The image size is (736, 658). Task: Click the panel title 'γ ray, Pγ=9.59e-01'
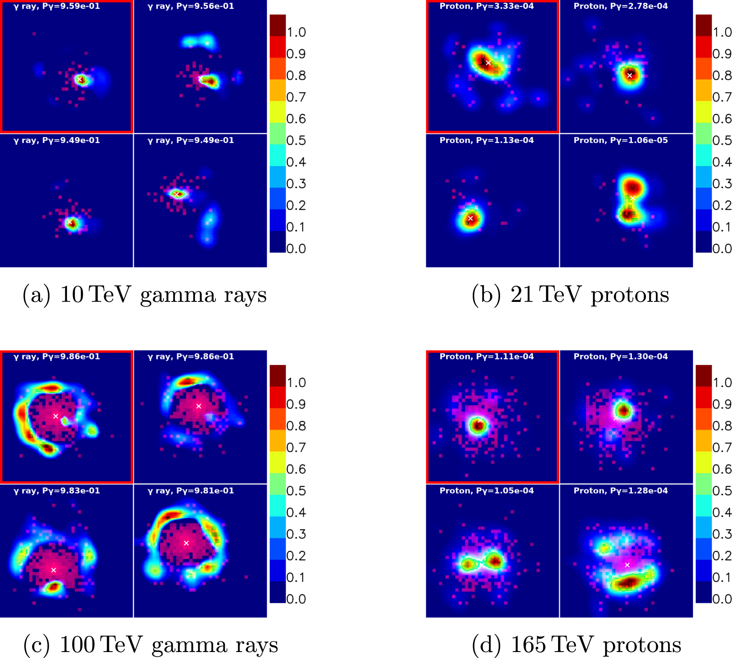pos(57,6)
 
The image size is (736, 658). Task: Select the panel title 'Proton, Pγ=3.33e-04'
pos(486,6)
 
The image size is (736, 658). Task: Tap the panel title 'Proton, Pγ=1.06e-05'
pos(620,140)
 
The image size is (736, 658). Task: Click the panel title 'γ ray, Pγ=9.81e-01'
pos(191,491)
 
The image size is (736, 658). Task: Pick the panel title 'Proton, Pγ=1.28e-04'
pos(620,491)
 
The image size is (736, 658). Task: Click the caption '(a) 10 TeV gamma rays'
pos(145,295)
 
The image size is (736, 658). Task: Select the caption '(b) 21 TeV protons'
pos(570,295)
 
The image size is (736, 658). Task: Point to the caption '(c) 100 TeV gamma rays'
pos(151,645)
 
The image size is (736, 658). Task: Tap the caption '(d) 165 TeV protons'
pos(576,645)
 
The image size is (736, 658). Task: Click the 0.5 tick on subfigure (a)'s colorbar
pos(296,140)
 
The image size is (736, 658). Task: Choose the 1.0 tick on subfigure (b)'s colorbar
pos(722,32)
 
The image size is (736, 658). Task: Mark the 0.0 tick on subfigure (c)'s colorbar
pos(296,599)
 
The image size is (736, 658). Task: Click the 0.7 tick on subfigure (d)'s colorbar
pos(722,447)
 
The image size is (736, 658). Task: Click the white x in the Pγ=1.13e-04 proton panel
pos(470,218)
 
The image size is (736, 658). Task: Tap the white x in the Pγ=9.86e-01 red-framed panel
pos(55,416)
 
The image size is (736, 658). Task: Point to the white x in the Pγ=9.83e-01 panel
pos(53,570)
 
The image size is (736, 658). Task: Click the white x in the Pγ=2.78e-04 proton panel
pos(629,75)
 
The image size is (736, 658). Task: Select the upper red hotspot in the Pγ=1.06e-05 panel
pos(633,187)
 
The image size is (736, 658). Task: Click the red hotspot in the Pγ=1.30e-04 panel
pos(623,411)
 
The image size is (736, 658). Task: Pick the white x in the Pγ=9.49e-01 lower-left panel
pos(70,222)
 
